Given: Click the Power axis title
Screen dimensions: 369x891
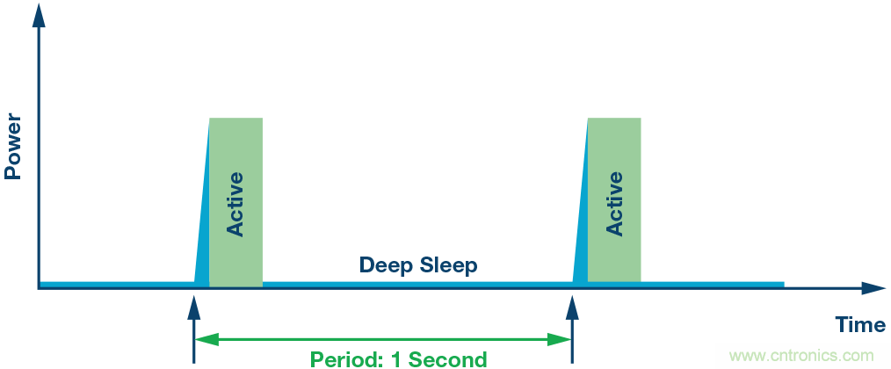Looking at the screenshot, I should tap(12, 144).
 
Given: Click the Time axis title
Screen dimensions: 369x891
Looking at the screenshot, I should tap(860, 325).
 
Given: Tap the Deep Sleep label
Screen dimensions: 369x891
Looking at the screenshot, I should tap(418, 264).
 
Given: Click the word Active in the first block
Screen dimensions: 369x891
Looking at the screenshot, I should tap(235, 203).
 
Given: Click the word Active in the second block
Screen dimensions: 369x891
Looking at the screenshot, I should tap(614, 203).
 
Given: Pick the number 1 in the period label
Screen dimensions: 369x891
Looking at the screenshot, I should tap(394, 359).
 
